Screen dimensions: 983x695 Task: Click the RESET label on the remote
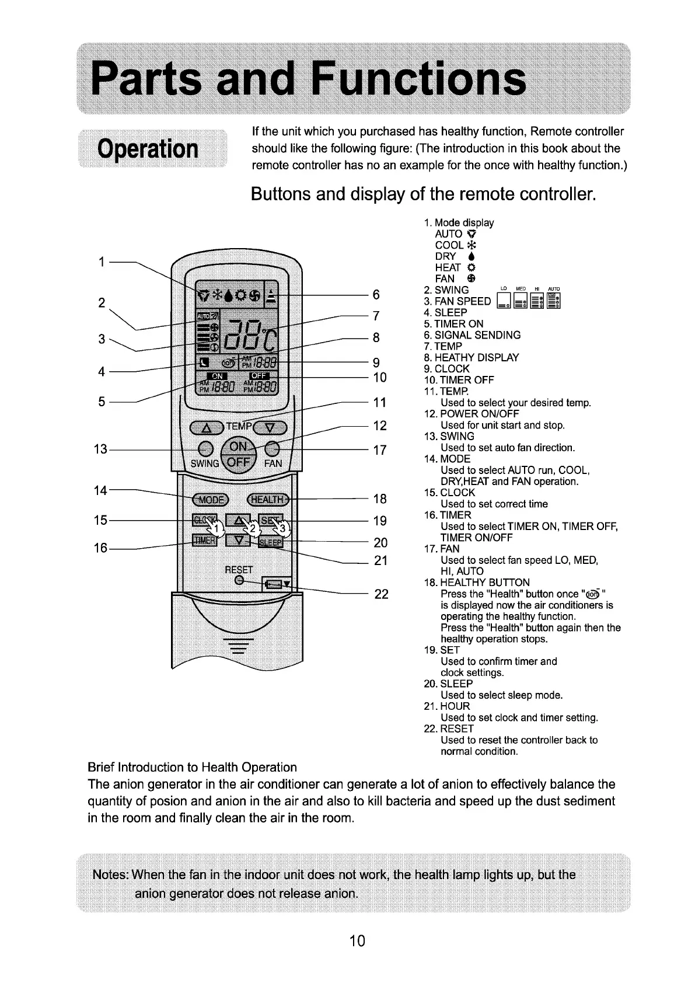click(x=239, y=569)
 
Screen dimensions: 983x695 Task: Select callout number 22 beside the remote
click(x=381, y=594)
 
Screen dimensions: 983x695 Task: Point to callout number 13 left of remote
click(x=100, y=449)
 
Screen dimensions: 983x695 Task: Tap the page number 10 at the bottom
click(x=357, y=940)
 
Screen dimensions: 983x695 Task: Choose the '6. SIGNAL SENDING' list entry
click(x=472, y=335)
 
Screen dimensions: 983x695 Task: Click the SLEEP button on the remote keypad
click(x=270, y=542)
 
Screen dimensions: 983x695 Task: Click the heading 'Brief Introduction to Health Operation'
click(x=192, y=767)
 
